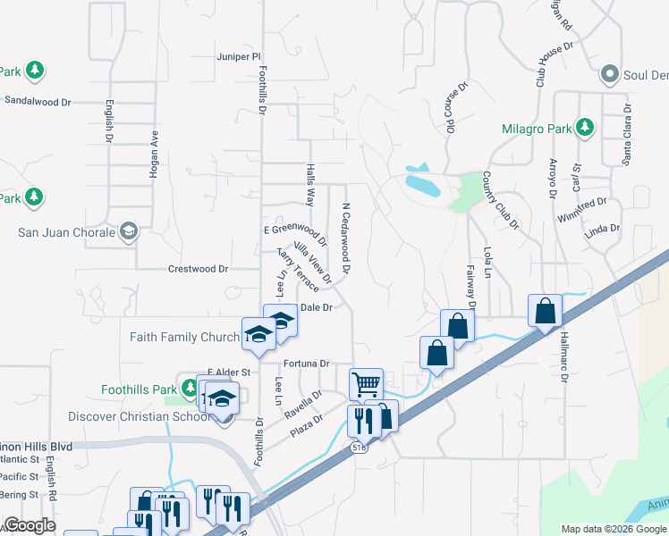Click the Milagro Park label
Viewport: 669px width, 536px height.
pyautogui.click(x=535, y=129)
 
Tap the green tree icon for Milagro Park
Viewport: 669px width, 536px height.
pyautogui.click(x=585, y=128)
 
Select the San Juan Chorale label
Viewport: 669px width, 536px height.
pyautogui.click(x=67, y=233)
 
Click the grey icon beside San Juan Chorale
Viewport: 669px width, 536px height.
pyautogui.click(x=129, y=232)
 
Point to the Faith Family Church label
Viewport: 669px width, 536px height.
pyautogui.click(x=183, y=337)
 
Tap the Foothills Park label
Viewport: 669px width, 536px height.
pyautogui.click(x=136, y=389)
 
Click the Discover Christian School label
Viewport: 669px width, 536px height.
pyautogui.click(x=140, y=417)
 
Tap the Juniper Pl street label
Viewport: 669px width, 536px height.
pyautogui.click(x=237, y=56)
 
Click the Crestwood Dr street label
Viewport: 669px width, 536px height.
pyautogui.click(x=199, y=269)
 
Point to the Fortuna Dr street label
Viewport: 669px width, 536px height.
pyautogui.click(x=307, y=364)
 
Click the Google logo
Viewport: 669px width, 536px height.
pyautogui.click(x=30, y=525)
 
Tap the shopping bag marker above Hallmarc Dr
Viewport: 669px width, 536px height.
pyautogui.click(x=545, y=311)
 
